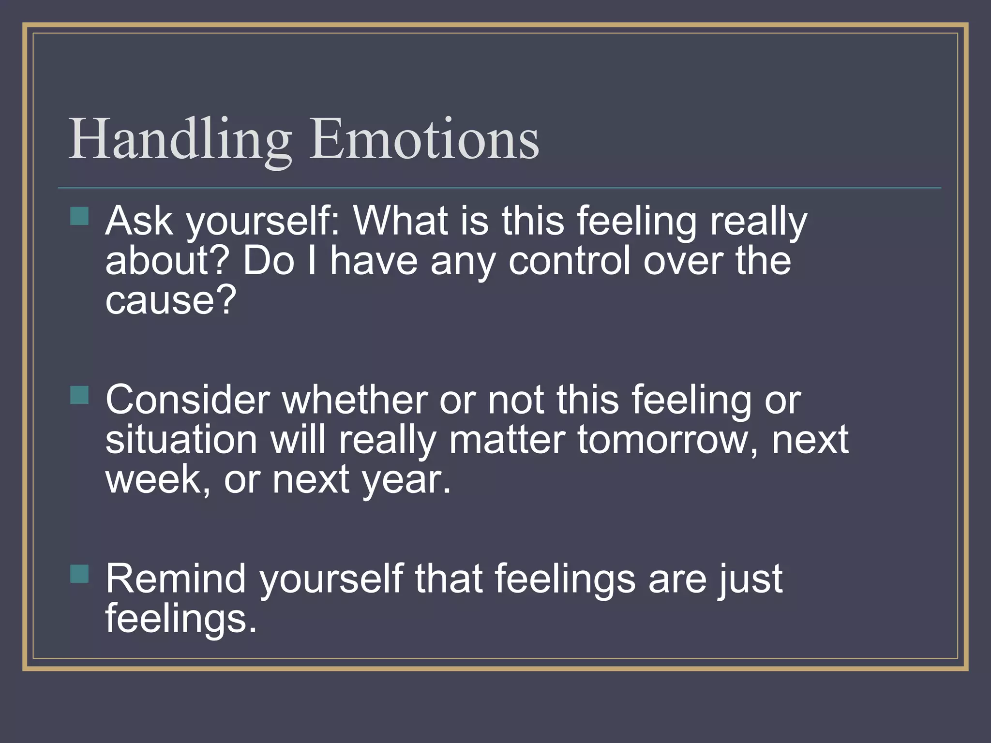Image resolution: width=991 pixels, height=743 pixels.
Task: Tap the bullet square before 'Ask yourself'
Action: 79,216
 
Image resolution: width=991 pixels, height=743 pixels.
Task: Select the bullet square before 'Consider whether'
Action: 79,395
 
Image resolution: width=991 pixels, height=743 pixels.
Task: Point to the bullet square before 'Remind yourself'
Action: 79,574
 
